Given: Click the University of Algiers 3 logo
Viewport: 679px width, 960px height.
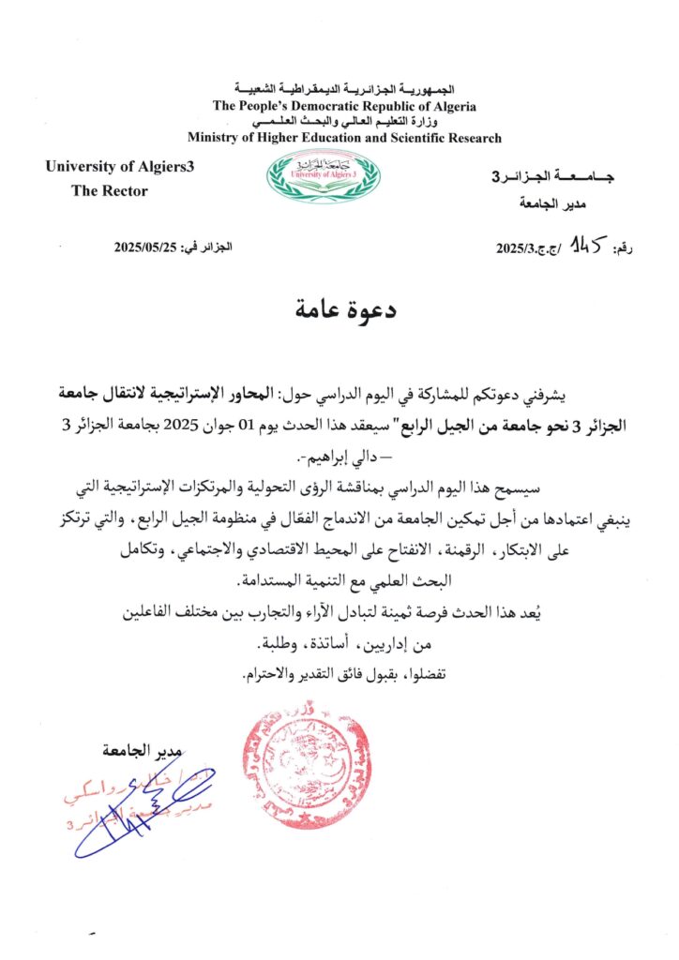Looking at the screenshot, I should coord(324,175).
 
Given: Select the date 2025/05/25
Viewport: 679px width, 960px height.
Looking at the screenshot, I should coord(146,247).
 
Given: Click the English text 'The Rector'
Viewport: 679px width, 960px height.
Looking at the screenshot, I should coord(110,190).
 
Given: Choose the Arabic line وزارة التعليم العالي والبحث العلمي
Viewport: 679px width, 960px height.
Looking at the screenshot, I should coord(342,123).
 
